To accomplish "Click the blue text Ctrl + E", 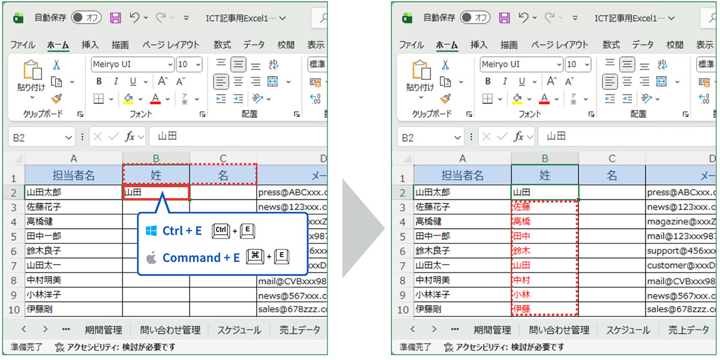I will coord(182,231).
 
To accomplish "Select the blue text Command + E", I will coord(201,258).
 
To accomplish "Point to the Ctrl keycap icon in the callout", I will coord(220,230).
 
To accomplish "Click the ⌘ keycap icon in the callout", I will coord(254,257).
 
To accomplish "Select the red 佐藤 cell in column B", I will coord(545,207).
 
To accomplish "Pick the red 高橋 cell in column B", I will coord(545,221).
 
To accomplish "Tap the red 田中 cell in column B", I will coord(545,236).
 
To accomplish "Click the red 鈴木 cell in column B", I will coord(545,250).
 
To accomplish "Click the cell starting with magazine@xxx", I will coord(681,221).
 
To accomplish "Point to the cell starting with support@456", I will coord(681,250).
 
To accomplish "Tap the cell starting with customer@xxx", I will coord(681,265).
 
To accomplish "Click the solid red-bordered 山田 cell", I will coord(156,193).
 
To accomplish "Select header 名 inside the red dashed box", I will coord(223,175).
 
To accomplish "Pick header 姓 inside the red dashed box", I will coord(156,175).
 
